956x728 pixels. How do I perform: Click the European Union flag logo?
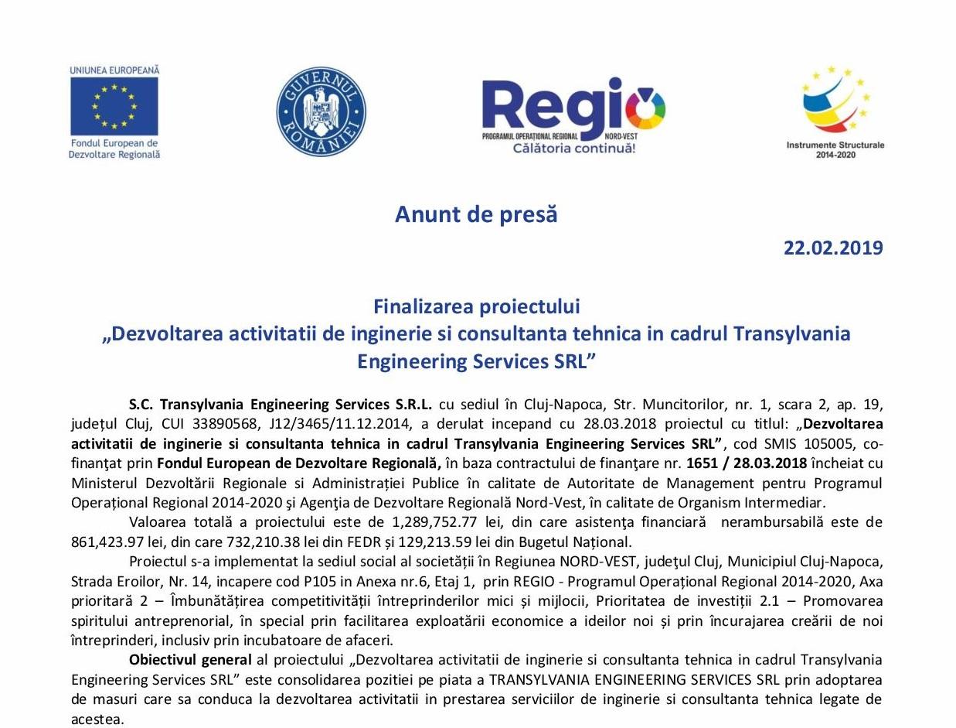coord(114,106)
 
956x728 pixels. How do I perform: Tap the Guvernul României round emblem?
coord(321,111)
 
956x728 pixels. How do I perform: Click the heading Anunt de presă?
coord(476,214)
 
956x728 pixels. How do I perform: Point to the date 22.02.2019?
coord(832,248)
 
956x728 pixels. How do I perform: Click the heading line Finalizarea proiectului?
coord(476,306)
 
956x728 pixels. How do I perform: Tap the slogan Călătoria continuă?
coord(573,148)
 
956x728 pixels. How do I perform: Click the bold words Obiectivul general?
coord(190,660)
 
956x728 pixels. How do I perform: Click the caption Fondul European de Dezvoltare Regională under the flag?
coord(114,149)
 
